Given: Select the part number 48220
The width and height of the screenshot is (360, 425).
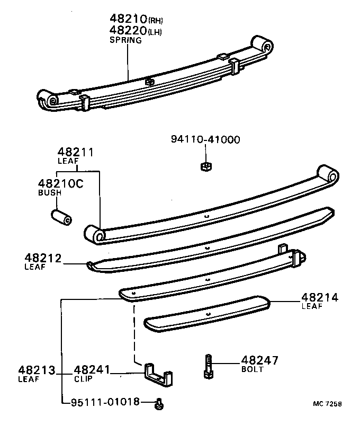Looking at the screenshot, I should click(128, 31).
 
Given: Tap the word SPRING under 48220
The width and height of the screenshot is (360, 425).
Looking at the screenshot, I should click(125, 40).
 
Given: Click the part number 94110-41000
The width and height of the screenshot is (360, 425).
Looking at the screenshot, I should click(205, 139).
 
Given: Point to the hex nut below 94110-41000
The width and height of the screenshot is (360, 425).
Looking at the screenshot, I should click(205, 166).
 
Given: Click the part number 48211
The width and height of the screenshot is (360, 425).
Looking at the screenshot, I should click(76, 152).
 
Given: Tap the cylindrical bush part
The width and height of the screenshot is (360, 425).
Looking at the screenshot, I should click(61, 217).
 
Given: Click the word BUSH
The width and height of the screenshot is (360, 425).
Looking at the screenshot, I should click(50, 193).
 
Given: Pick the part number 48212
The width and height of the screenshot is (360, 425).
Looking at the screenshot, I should click(43, 259).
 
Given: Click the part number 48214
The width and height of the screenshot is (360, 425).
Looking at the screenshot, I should click(320, 297).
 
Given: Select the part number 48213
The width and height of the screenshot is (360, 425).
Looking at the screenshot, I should click(37, 370).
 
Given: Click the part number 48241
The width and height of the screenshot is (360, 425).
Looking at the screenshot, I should click(91, 370).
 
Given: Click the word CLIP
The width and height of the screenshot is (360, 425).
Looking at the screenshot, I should click(83, 379).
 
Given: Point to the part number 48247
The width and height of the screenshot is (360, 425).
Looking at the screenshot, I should click(259, 360).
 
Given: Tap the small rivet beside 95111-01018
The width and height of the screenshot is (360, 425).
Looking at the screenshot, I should click(158, 404).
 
